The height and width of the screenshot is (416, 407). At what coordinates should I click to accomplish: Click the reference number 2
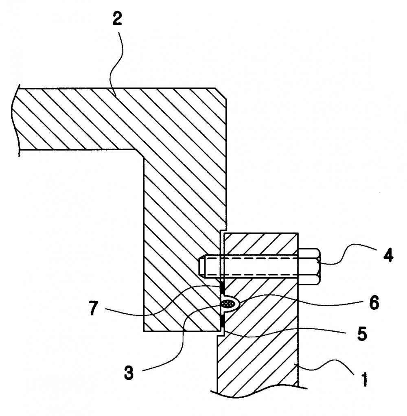[x=117, y=19]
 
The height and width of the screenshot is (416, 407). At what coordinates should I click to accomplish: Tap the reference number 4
[x=388, y=255]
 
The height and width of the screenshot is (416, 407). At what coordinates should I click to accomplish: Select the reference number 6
[x=374, y=302]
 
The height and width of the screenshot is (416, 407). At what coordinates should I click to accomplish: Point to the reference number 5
[x=362, y=333]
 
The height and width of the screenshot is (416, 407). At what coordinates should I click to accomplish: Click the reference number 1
[x=365, y=379]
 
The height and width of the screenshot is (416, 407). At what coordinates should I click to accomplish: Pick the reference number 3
[x=129, y=372]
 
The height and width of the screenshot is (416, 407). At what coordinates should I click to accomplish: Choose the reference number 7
[x=93, y=308]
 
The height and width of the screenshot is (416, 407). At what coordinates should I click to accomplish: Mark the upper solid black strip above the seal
[x=222, y=288]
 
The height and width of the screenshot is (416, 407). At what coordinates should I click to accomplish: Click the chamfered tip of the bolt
[x=201, y=266]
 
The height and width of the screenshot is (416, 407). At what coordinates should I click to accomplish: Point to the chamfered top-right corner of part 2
[x=221, y=93]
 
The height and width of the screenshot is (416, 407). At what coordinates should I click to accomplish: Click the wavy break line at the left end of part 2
[x=15, y=121]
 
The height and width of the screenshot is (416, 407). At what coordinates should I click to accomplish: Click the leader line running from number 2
[x=117, y=63]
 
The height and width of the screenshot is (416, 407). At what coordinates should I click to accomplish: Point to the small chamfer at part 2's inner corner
[x=140, y=154]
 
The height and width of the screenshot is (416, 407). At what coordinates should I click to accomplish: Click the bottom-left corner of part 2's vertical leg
[x=144, y=331]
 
